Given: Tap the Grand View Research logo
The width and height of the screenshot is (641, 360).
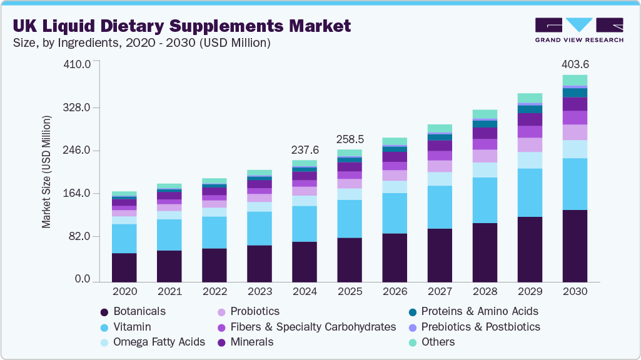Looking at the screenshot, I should (578, 30).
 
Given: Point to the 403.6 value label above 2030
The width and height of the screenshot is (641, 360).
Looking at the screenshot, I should (575, 64).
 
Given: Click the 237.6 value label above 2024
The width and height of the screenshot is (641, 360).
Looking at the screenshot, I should (305, 150).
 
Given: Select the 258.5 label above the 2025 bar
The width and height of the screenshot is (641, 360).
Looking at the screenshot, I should (350, 139).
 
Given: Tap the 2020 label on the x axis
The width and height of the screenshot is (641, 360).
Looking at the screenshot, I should (124, 291).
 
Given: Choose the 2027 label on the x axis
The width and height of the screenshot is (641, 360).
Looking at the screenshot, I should (440, 291).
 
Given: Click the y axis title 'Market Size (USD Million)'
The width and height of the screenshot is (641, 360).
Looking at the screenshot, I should (47, 171).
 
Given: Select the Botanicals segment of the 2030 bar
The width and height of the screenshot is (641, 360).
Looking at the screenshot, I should (575, 245).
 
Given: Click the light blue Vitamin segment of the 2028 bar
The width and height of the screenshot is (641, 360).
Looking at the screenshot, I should (485, 200).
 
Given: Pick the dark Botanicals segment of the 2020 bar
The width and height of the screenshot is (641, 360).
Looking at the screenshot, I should (124, 267).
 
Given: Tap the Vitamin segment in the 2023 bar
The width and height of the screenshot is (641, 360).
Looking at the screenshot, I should (260, 228).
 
